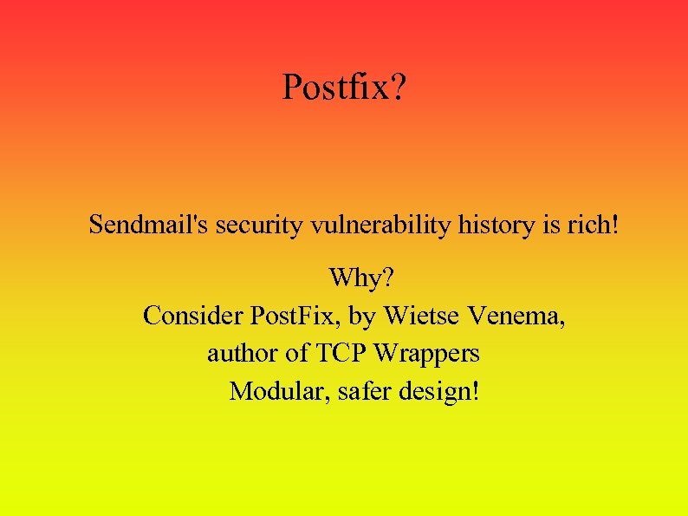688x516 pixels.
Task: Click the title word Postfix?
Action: [x=343, y=88]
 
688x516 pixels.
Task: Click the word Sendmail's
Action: [x=148, y=225]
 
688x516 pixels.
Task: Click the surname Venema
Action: [x=517, y=316]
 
